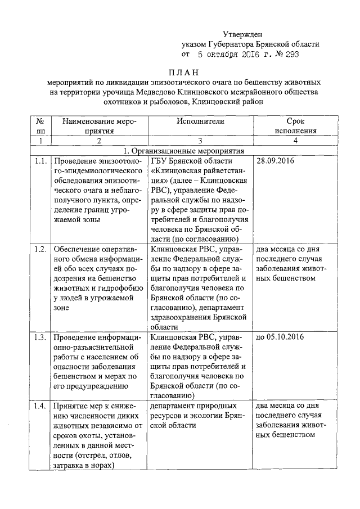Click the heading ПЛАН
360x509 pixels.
tap(183, 73)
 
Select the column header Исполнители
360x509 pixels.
tap(200, 121)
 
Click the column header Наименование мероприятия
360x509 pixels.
tap(99, 125)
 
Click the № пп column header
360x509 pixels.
tap(40, 125)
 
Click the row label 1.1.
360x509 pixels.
tap(40, 161)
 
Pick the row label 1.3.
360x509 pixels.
tap(40, 338)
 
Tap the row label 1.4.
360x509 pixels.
tap(40, 407)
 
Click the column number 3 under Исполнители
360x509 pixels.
tap(200, 141)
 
